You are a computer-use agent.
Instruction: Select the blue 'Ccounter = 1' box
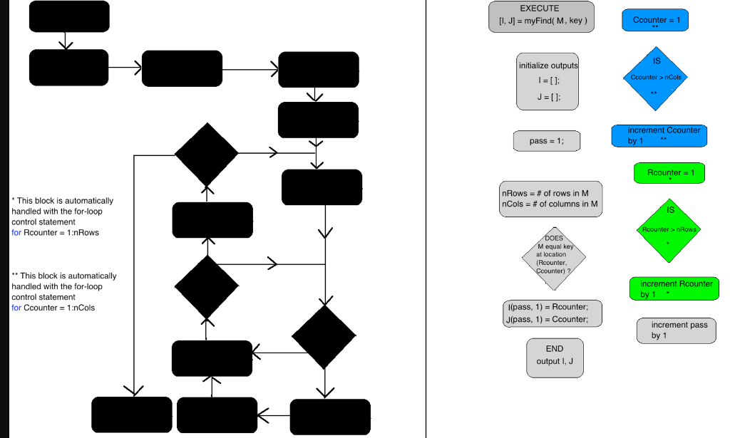click(x=655, y=20)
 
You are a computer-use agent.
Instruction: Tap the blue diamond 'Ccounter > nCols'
click(x=655, y=78)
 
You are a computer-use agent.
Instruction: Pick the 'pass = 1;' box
click(x=546, y=141)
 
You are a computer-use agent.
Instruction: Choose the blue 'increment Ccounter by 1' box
click(x=659, y=136)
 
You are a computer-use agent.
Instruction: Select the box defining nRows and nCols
click(x=550, y=199)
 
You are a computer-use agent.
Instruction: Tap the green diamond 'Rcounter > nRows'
click(x=669, y=230)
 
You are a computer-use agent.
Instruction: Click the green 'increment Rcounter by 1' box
click(x=674, y=288)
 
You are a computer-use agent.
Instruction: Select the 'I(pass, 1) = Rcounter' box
click(x=552, y=313)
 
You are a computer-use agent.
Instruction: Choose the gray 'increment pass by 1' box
click(x=675, y=330)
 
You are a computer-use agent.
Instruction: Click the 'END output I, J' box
click(x=555, y=355)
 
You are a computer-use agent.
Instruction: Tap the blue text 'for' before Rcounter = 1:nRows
click(x=16, y=233)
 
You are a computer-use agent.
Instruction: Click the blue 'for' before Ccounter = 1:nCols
click(x=16, y=308)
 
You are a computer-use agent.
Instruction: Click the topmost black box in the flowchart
click(x=69, y=16)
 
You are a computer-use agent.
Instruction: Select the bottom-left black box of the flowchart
click(x=132, y=414)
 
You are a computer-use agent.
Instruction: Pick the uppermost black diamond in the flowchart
click(x=207, y=154)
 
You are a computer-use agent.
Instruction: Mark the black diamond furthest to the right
click(x=324, y=337)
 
